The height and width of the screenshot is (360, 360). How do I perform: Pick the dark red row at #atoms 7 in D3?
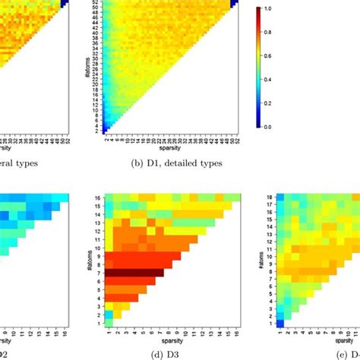click(134, 272)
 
